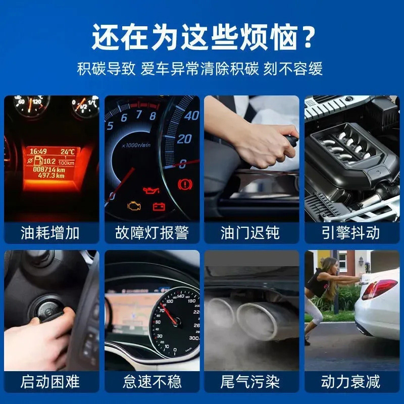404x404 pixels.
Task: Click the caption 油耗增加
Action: pyautogui.click(x=50, y=233)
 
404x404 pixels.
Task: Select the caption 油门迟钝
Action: pyautogui.click(x=251, y=233)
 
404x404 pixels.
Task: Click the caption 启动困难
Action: pyautogui.click(x=50, y=381)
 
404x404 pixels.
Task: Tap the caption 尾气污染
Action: pyautogui.click(x=251, y=381)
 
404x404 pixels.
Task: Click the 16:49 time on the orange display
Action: pyautogui.click(x=37, y=151)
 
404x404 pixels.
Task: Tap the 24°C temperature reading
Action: pyautogui.click(x=67, y=151)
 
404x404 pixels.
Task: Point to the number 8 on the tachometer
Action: pyautogui.click(x=153, y=116)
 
